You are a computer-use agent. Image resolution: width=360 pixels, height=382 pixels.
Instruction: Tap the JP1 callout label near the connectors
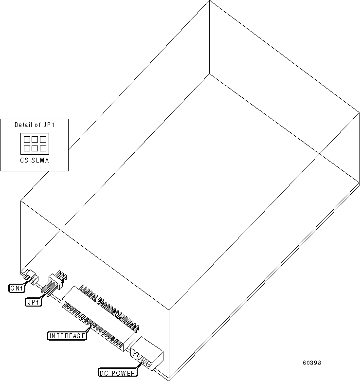pos(34,302)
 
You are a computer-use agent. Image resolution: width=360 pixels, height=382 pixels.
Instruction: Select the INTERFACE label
pos(67,336)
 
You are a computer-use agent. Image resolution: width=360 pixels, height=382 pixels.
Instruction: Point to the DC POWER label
pos(117,373)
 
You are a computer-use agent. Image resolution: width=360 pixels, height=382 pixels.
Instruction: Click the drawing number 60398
pos(311,363)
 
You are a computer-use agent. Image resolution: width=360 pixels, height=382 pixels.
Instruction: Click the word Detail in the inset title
pos(23,125)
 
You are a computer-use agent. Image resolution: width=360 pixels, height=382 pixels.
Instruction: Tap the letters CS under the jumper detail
pos(24,160)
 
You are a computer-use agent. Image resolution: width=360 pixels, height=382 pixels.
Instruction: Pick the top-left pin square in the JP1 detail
pos(27,139)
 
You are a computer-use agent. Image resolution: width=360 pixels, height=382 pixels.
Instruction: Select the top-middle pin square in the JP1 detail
pos(35,139)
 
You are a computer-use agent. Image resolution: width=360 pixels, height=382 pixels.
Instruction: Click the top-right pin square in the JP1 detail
pos(43,139)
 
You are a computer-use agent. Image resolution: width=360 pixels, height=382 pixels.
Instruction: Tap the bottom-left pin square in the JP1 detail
pos(27,147)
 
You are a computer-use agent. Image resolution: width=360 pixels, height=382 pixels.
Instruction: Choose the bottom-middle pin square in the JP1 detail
pos(35,147)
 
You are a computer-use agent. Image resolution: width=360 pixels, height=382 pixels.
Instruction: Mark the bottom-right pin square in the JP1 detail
pos(43,147)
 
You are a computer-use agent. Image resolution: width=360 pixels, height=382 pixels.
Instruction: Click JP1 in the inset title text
pos(49,125)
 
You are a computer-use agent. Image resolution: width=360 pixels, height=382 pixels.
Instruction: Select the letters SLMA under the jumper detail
pos(40,160)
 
